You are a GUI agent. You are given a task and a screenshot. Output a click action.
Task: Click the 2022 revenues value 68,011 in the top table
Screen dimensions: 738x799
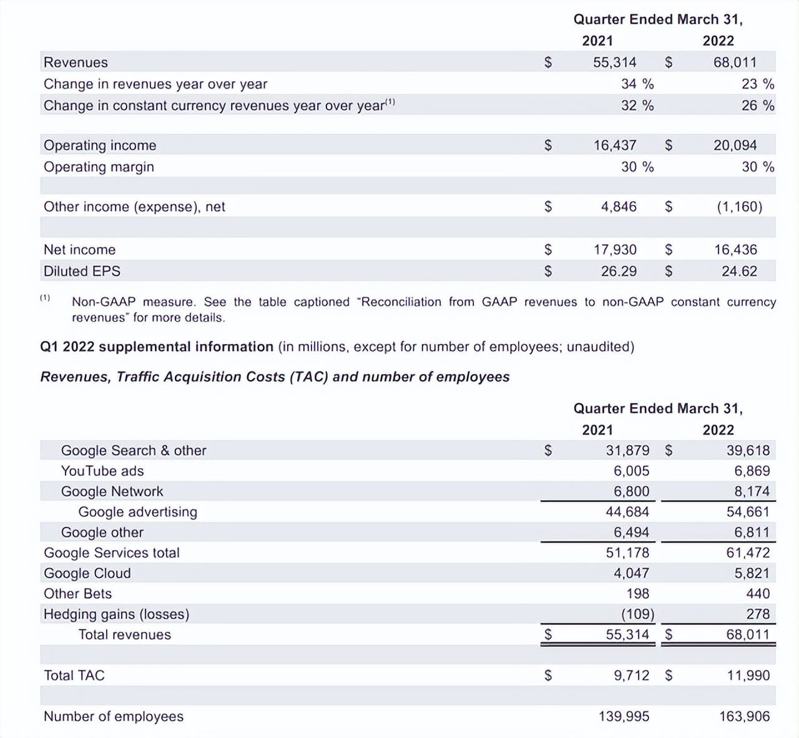click(x=735, y=62)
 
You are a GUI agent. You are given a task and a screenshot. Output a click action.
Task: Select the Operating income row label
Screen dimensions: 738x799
click(x=100, y=145)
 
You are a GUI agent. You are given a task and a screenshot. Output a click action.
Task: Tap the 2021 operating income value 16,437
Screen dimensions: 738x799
click(x=615, y=145)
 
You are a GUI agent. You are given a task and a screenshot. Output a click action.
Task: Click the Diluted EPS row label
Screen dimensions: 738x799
click(x=82, y=271)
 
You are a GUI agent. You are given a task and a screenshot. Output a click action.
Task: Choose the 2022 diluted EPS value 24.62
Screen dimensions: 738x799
click(x=739, y=271)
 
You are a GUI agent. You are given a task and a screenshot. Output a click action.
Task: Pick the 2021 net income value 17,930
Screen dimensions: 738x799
click(x=615, y=250)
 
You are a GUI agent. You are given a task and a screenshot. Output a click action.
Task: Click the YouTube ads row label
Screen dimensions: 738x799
click(x=102, y=471)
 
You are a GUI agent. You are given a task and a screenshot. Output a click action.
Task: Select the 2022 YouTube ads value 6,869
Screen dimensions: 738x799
click(x=752, y=471)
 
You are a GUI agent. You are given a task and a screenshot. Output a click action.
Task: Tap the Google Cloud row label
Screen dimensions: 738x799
click(x=87, y=573)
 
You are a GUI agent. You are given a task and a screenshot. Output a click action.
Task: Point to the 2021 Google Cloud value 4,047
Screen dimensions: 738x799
click(x=631, y=573)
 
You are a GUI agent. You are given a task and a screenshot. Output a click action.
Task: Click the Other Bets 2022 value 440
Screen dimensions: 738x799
click(x=758, y=594)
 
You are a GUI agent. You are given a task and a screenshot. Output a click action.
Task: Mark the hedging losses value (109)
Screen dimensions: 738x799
click(x=637, y=614)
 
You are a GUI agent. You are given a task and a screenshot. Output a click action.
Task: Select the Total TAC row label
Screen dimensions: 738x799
click(x=74, y=676)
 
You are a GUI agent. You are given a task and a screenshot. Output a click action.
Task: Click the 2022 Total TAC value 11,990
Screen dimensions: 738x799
click(x=748, y=676)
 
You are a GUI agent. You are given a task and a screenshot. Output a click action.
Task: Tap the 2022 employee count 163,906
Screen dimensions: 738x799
click(x=744, y=717)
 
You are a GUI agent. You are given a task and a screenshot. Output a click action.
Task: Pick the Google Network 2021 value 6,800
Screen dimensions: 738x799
click(x=631, y=491)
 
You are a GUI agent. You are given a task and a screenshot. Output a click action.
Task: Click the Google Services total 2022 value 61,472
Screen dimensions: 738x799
click(x=748, y=553)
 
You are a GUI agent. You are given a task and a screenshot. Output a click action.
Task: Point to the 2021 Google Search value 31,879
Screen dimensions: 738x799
click(x=627, y=450)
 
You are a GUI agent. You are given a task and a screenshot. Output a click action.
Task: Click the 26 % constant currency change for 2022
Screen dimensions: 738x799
click(x=757, y=106)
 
